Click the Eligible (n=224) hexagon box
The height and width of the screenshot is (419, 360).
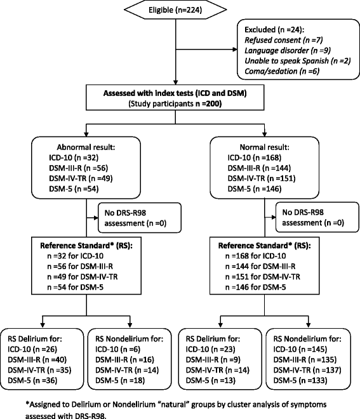click(180, 11)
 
